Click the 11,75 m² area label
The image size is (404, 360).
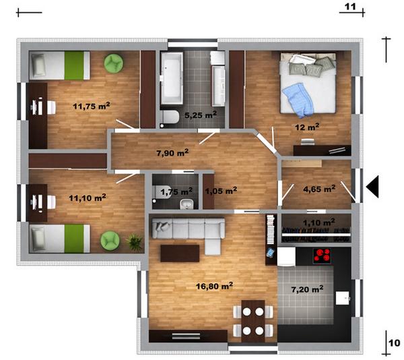(x=92, y=106)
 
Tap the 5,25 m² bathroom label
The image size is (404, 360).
(x=201, y=115)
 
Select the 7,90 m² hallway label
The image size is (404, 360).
(x=172, y=152)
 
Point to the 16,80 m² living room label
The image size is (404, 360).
(x=214, y=286)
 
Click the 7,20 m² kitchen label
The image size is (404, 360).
(x=307, y=289)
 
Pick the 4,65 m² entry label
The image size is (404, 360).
(x=319, y=189)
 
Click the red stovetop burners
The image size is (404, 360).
(x=322, y=256)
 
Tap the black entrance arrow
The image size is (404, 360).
(x=372, y=187)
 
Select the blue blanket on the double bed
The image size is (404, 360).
(x=298, y=100)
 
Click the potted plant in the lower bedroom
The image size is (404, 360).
(x=135, y=242)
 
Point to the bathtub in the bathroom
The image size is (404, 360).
(x=172, y=78)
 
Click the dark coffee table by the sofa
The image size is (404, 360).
(x=180, y=253)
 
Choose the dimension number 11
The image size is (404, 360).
(x=350, y=7)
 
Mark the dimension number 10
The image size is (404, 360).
(x=394, y=342)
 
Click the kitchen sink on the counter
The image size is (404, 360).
(x=343, y=298)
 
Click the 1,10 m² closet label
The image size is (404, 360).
(x=318, y=222)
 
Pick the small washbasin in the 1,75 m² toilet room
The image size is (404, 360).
(x=187, y=204)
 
